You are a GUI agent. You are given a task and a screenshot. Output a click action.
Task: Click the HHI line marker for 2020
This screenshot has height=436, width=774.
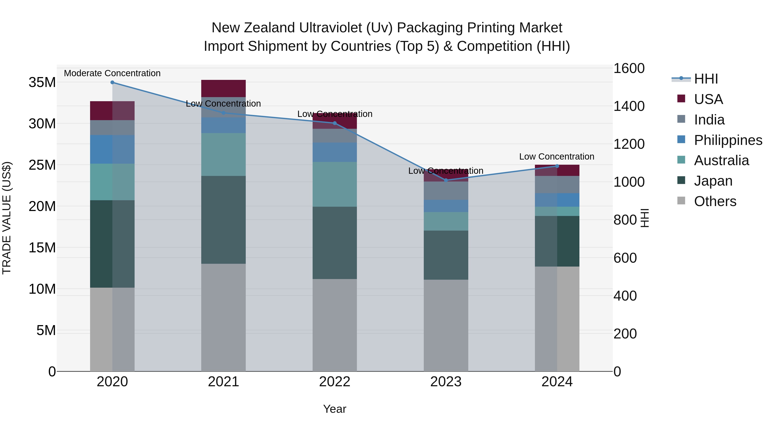[x=112, y=82]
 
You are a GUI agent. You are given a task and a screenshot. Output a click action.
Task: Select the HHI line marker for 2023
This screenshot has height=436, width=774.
[x=446, y=180]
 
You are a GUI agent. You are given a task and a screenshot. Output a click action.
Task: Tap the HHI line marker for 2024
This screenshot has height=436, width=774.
[x=557, y=166]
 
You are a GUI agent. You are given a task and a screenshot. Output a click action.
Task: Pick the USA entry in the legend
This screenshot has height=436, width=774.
[x=708, y=99]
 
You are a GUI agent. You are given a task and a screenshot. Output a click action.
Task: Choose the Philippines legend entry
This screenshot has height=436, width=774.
[x=728, y=140]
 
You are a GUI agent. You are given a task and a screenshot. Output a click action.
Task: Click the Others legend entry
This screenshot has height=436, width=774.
[x=715, y=201]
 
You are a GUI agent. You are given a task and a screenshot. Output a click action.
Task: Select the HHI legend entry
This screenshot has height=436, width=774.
[x=706, y=79]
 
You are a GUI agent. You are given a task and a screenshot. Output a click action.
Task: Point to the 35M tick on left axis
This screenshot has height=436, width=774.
[x=42, y=82]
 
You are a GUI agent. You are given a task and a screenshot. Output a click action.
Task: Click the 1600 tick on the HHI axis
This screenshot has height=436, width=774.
[x=629, y=68]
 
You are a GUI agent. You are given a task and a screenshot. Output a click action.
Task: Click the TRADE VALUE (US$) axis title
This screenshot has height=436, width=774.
[x=7, y=218]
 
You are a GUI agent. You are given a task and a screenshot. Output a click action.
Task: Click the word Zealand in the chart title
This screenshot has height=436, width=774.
[x=270, y=28]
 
